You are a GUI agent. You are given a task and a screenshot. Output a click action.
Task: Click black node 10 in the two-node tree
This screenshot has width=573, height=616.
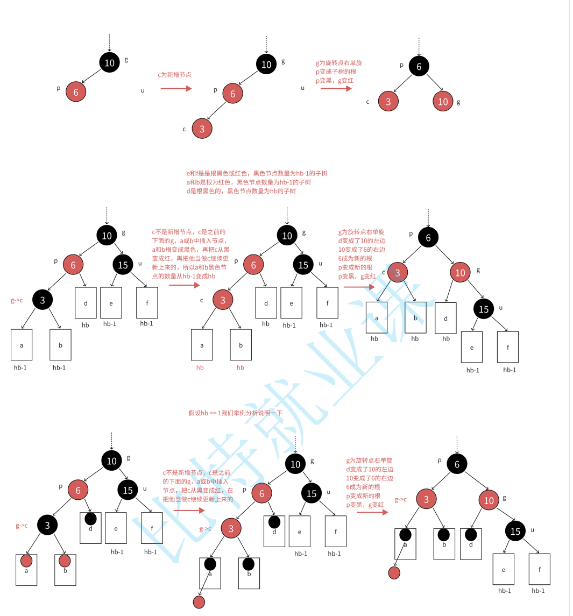point(109,63)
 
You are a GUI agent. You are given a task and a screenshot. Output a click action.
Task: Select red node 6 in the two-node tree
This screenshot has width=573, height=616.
point(76,92)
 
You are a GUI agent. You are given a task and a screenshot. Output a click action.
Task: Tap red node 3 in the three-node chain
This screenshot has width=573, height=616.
point(202,129)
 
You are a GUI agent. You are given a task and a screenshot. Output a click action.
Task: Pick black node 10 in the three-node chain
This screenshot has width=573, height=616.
point(266,65)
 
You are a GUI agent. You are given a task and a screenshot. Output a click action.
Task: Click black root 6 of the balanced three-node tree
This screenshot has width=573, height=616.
point(419,67)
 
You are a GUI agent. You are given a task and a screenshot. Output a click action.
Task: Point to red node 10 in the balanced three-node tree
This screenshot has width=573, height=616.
point(443,102)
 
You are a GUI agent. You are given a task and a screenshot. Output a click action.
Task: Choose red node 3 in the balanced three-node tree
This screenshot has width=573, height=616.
point(388,101)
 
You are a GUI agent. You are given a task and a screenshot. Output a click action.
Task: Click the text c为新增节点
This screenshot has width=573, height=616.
point(174,75)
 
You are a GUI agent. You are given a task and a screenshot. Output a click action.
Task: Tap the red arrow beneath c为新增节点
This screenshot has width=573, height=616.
point(176,88)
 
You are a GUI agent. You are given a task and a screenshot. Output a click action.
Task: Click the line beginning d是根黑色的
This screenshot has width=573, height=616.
point(241,191)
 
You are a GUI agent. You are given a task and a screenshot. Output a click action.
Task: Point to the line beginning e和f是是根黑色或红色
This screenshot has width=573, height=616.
point(257,173)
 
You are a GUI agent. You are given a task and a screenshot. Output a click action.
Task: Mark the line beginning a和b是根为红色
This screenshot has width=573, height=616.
point(249,182)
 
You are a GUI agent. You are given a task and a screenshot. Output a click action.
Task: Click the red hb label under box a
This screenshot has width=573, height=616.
point(200,367)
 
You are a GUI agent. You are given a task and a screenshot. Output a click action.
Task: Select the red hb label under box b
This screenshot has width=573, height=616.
point(240,367)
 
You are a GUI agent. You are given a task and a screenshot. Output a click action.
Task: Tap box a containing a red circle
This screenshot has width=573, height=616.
point(26,569)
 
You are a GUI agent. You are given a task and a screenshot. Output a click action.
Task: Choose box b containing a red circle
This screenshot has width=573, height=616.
point(65,569)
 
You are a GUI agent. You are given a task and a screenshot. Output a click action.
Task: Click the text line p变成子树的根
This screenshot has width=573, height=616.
point(336,72)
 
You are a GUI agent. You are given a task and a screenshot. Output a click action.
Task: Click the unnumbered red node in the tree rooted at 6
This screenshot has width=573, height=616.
point(394,573)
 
